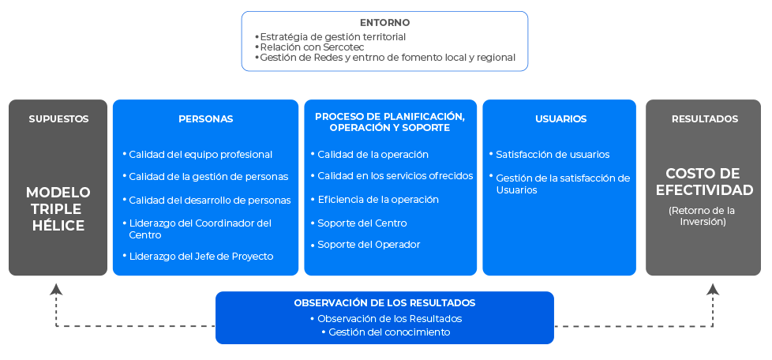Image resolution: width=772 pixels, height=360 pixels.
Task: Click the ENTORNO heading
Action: (x=384, y=23)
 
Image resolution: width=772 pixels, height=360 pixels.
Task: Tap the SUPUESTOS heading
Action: (x=58, y=119)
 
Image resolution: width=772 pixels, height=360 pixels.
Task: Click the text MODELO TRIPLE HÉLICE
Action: (x=58, y=208)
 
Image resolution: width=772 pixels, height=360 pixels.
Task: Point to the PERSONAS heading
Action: (x=205, y=119)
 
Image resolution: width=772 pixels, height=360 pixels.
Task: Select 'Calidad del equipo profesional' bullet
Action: (x=200, y=155)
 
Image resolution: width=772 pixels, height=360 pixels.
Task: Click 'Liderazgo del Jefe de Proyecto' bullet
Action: (x=200, y=256)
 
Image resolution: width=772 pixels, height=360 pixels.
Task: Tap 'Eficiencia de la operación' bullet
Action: (x=378, y=200)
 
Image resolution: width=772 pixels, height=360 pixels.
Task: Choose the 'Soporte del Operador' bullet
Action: (x=369, y=245)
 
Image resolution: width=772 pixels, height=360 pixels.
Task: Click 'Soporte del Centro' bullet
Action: (x=362, y=223)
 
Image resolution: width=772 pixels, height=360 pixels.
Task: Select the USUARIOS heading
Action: (x=560, y=119)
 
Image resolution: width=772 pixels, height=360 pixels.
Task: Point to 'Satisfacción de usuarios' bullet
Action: (x=553, y=155)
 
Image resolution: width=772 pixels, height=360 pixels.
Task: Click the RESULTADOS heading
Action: (x=705, y=119)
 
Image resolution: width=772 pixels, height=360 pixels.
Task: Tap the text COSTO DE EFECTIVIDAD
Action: (x=705, y=182)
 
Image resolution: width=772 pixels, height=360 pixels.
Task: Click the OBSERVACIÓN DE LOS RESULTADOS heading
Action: (x=384, y=303)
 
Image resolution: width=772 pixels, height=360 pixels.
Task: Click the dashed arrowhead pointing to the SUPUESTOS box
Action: (x=56, y=289)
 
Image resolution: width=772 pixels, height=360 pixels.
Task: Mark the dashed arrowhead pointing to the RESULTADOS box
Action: (x=713, y=289)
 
